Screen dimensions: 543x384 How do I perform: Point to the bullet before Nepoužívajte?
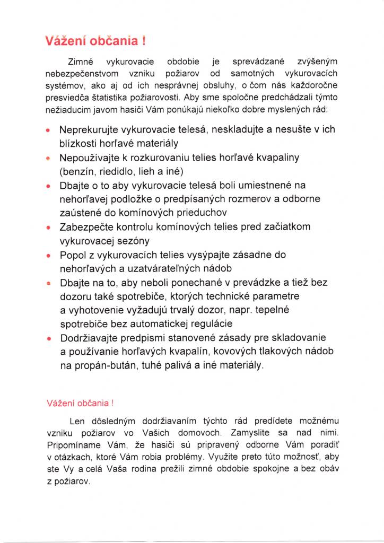coord(48,159)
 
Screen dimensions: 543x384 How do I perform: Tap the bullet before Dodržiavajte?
coord(48,338)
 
